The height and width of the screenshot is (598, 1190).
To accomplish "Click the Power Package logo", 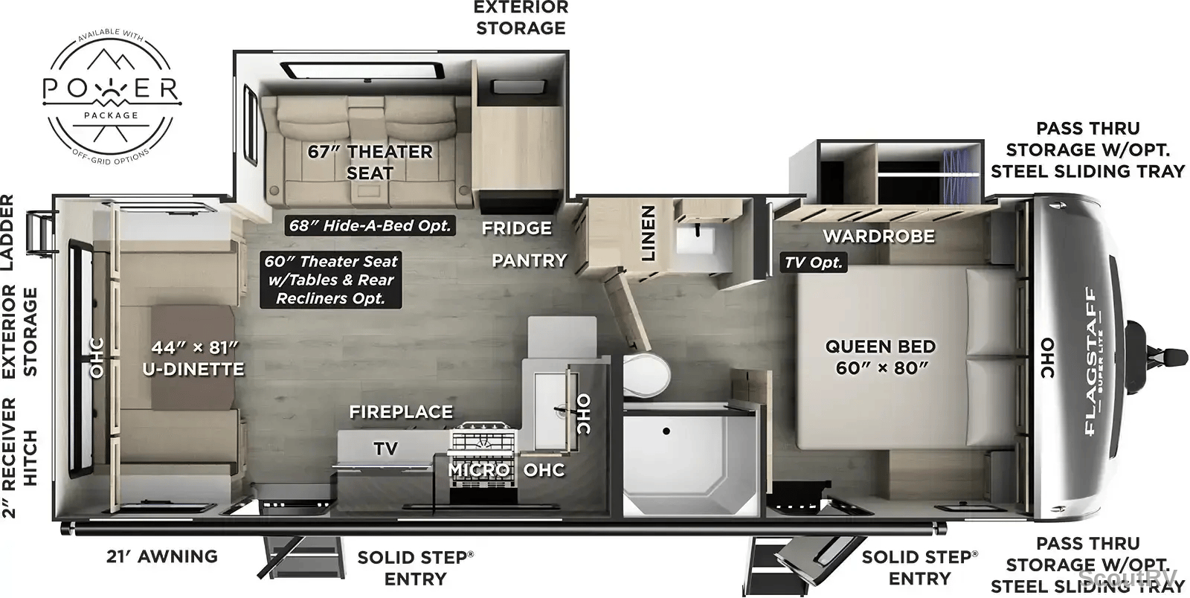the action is [112, 97].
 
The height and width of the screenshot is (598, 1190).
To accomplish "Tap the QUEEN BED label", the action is [881, 347].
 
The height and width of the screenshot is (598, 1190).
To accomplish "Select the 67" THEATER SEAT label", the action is [370, 162].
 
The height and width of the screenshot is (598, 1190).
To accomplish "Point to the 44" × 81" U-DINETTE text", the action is [193, 358].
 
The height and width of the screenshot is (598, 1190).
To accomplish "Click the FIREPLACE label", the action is [401, 411].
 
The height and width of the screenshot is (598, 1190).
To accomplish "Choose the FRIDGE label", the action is [516, 228].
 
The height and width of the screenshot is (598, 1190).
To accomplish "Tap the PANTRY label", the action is [529, 260].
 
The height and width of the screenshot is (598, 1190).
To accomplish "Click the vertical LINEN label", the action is [648, 233].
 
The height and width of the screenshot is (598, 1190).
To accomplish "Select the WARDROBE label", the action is [878, 236].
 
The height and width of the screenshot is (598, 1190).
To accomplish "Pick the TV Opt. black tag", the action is [814, 263].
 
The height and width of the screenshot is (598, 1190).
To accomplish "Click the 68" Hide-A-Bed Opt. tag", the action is [370, 225].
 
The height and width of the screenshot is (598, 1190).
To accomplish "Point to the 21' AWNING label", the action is [162, 556].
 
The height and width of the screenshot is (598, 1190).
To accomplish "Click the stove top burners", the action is [483, 438].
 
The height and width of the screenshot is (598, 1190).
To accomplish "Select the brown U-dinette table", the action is [193, 358].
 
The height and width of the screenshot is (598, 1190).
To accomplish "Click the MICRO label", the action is [479, 470].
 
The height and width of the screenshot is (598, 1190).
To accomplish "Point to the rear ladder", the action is [42, 233].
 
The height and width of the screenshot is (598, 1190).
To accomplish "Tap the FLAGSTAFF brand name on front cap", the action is [1090, 361].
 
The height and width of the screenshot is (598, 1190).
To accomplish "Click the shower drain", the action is [666, 431].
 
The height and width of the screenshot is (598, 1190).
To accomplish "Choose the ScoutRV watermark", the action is [1128, 576].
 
